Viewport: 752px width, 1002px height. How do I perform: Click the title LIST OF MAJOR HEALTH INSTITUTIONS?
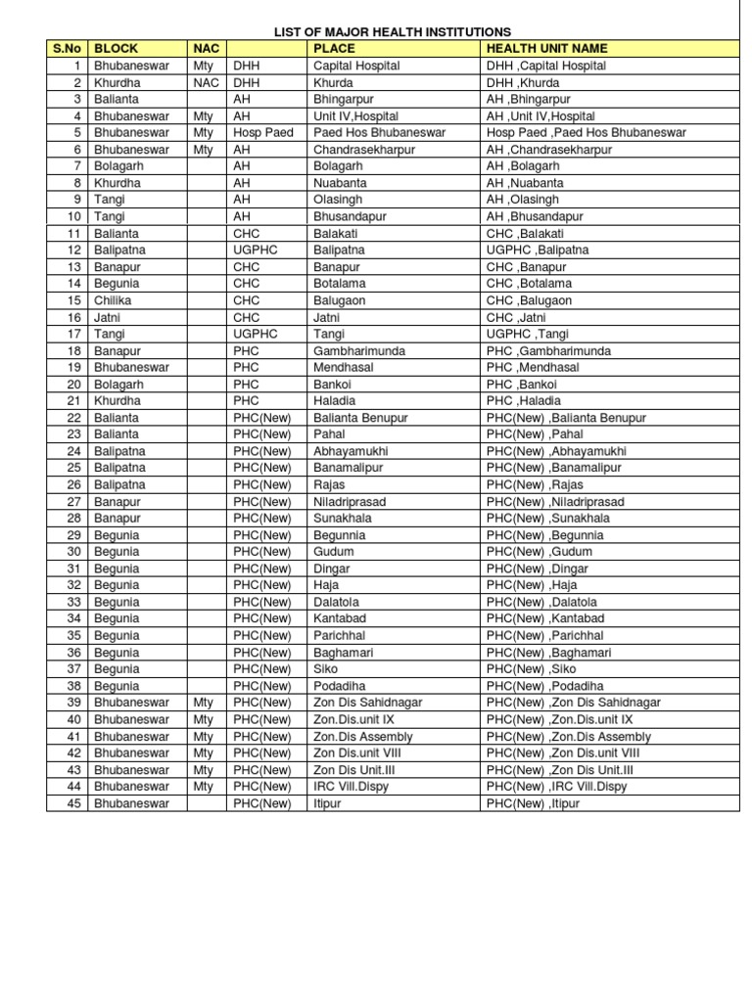pyautogui.click(x=392, y=32)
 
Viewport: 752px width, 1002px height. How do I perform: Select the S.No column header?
pyautogui.click(x=67, y=48)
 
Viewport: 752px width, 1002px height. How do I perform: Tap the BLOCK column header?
pyautogui.click(x=117, y=48)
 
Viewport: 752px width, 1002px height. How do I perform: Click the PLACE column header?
pyautogui.click(x=334, y=48)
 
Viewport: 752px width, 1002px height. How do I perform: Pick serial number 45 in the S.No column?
pyautogui.click(x=72, y=803)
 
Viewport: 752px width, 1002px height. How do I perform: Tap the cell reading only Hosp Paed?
pyautogui.click(x=262, y=132)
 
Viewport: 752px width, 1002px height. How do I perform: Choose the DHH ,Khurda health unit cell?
pyautogui.click(x=527, y=82)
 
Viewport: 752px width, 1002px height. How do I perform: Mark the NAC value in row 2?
pyautogui.click(x=204, y=82)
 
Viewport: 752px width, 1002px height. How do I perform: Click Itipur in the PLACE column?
pyautogui.click(x=330, y=803)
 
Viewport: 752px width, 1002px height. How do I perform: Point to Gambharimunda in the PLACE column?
pyautogui.click(x=359, y=350)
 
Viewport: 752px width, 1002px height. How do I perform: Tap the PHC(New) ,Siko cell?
pyautogui.click(x=535, y=669)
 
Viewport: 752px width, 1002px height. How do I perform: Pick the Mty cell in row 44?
pyautogui.click(x=203, y=787)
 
